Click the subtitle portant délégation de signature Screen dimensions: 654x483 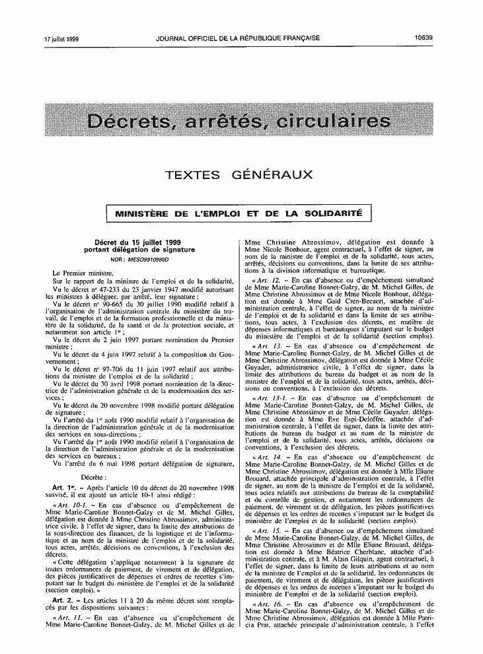139,250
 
